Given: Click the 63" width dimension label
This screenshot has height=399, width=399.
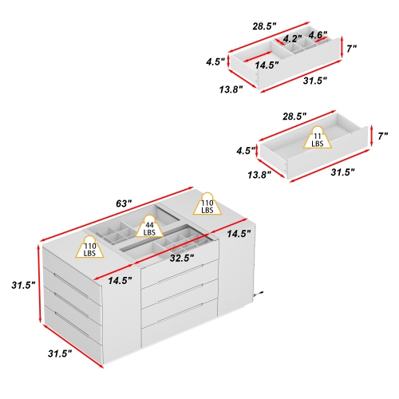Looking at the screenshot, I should (x=122, y=205).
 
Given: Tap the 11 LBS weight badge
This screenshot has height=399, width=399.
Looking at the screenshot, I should (x=318, y=138).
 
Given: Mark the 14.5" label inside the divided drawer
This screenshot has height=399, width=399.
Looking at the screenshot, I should (x=267, y=65).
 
